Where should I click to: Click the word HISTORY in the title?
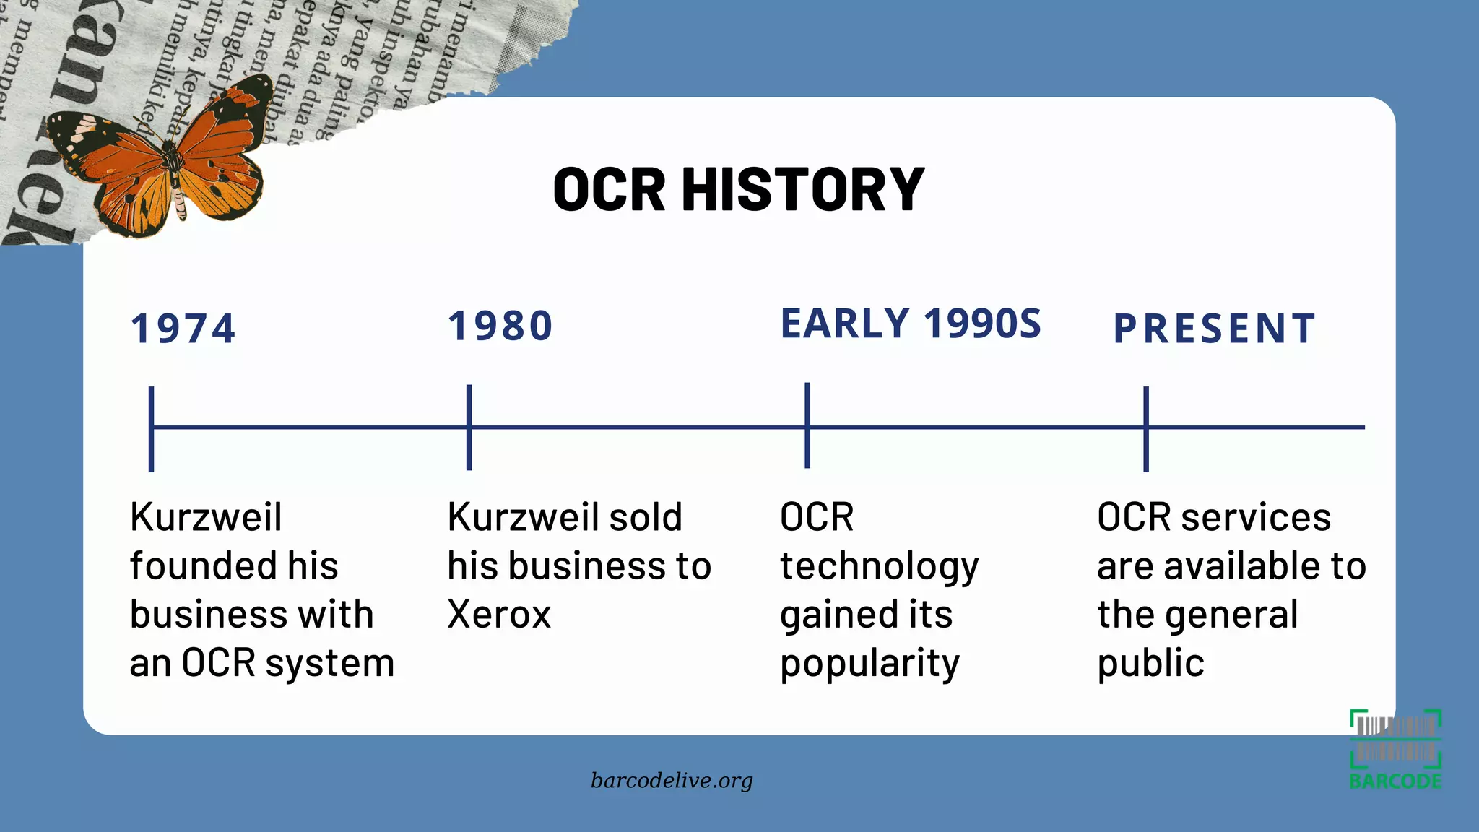803,189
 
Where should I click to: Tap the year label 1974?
183,329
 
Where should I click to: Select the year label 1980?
500,326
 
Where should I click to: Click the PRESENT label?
1215,329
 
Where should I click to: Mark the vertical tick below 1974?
151,429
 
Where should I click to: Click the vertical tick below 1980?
469,428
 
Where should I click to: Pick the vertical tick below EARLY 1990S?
807,425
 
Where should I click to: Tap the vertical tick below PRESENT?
1146,429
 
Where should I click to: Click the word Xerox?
499,615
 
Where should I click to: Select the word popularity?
869,664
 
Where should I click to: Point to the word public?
1150,664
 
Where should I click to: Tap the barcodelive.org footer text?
672,781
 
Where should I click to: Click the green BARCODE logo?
1395,750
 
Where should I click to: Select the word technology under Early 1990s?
879,567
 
